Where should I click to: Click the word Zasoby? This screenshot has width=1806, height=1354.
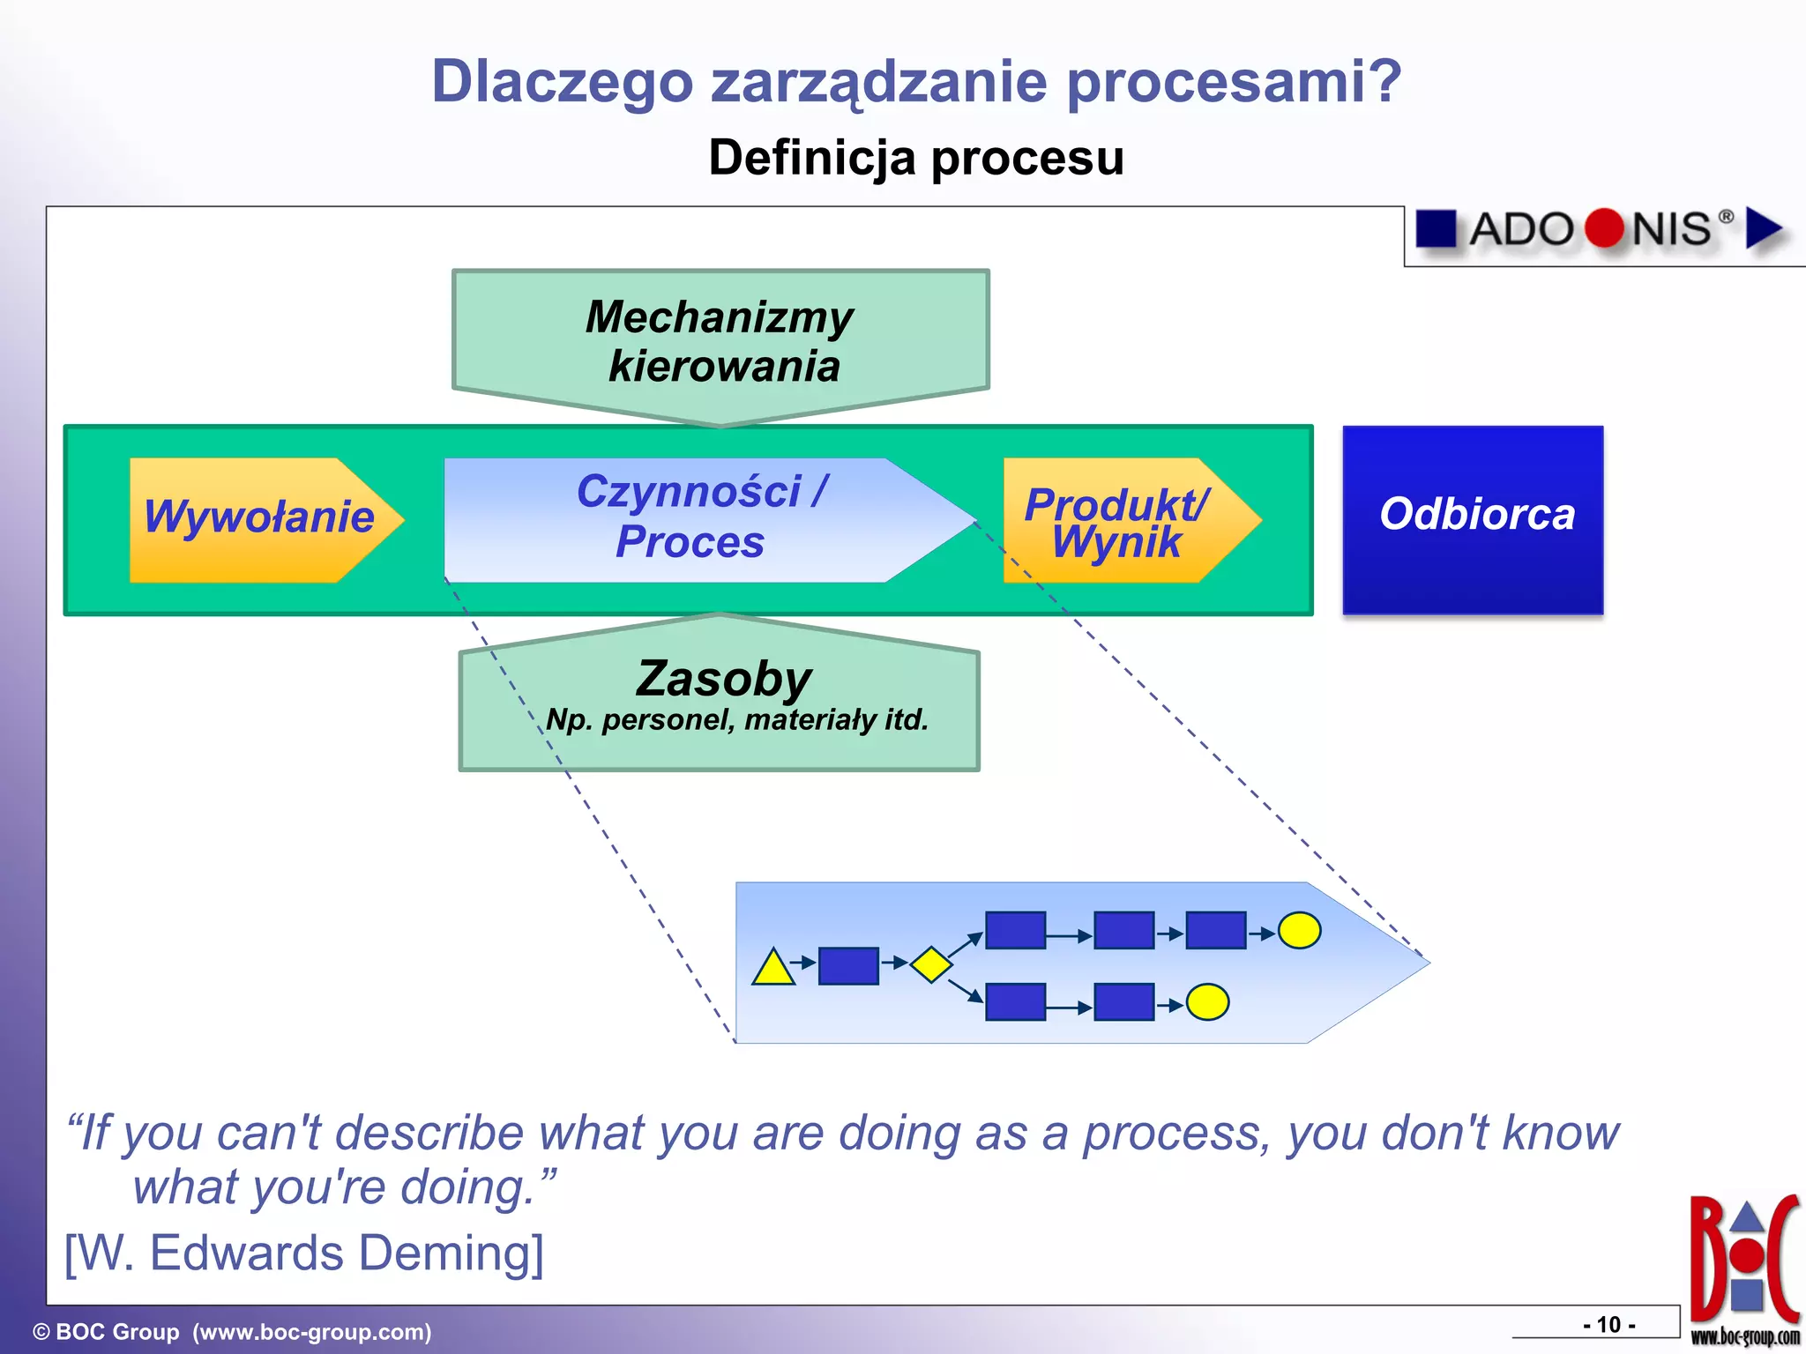point(723,679)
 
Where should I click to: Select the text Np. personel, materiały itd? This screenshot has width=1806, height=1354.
point(737,720)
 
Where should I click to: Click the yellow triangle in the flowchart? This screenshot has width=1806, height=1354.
point(772,968)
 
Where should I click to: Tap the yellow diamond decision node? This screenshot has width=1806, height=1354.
point(930,964)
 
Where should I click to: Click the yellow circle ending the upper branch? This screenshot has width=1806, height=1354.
point(1299,930)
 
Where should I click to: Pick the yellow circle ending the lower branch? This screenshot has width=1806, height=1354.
point(1207,1002)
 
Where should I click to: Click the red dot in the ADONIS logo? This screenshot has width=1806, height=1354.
point(1603,228)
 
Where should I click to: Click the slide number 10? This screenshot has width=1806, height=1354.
point(1609,1324)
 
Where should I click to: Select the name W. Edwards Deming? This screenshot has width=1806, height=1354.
point(304,1253)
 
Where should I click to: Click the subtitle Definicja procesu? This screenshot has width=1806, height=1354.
point(916,158)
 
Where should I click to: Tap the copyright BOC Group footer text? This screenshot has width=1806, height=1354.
point(232,1331)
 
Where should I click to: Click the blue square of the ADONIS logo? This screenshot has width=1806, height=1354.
point(1436,228)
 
